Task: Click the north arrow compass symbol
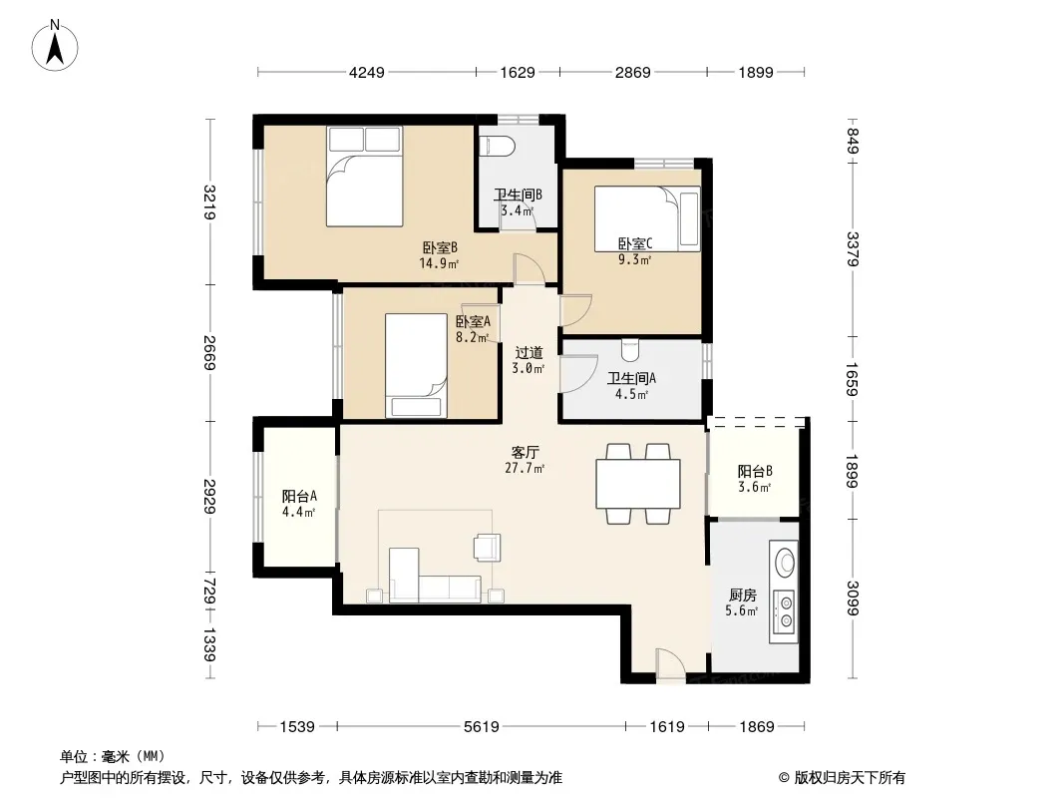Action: (x=55, y=46)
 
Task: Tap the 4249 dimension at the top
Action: (x=366, y=72)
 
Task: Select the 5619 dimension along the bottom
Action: (x=482, y=727)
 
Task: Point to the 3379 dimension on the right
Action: (x=853, y=248)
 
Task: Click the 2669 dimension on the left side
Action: (x=209, y=352)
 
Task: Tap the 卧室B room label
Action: (x=440, y=248)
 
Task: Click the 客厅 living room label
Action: (x=525, y=452)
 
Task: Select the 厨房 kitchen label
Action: (x=742, y=596)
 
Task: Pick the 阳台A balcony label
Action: (x=299, y=497)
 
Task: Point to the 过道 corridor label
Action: (x=529, y=352)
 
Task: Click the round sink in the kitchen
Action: (x=786, y=562)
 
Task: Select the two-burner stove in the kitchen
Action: (x=786, y=610)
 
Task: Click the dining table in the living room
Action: (x=638, y=484)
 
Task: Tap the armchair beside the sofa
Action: (x=488, y=547)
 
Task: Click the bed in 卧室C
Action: (x=647, y=218)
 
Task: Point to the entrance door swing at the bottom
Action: (x=671, y=663)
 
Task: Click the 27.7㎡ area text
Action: (x=525, y=468)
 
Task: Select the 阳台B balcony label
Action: (x=755, y=471)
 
